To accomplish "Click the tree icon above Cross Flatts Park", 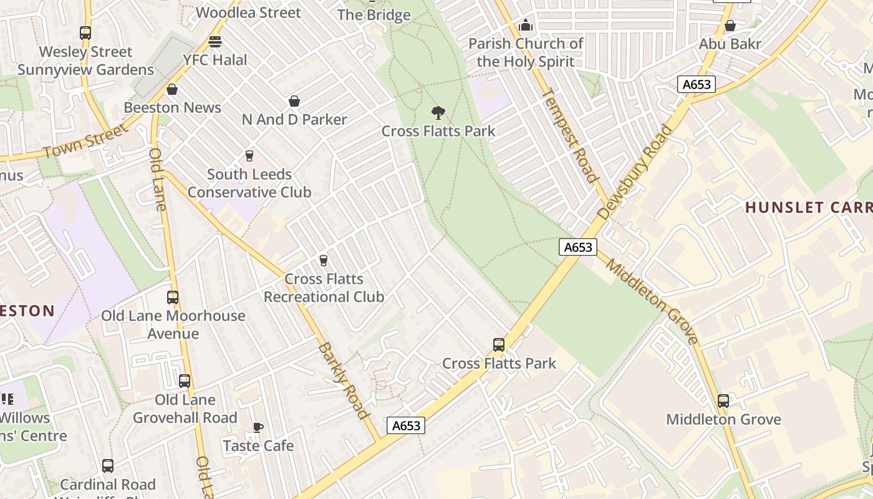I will click(x=438, y=113).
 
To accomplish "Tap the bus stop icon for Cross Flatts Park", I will click(x=498, y=345).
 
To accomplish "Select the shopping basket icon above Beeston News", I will click(x=172, y=89).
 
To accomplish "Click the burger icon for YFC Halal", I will click(x=215, y=42).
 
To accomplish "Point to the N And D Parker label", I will click(x=294, y=119).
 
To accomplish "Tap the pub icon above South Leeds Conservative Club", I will click(x=249, y=155).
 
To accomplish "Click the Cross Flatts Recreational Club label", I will click(x=324, y=288).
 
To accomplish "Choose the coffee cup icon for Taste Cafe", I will click(x=258, y=427).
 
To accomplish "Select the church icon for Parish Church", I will click(x=526, y=26).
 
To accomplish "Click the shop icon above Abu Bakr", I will click(x=730, y=26).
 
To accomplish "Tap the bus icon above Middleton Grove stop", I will click(x=723, y=401).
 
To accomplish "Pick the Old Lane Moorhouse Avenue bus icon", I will click(x=173, y=298).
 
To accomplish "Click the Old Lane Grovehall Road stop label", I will click(x=185, y=409).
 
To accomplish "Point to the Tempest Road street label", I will click(x=569, y=136).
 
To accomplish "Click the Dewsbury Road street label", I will click(x=635, y=172).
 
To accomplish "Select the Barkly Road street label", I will click(x=344, y=380).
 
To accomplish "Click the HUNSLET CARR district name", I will click(x=809, y=208).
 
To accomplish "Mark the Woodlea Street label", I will click(x=248, y=12).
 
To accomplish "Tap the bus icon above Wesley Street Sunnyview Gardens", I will click(x=85, y=33).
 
